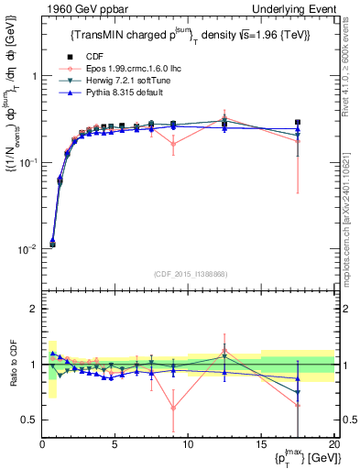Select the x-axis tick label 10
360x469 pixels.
point(188,444)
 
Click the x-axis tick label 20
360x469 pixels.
point(333,444)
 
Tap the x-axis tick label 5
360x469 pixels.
point(115,444)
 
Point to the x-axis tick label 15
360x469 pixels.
point(260,444)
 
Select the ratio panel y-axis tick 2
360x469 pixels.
point(34,309)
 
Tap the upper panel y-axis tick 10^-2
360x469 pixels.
point(27,248)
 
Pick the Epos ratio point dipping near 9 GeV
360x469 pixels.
point(173,408)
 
